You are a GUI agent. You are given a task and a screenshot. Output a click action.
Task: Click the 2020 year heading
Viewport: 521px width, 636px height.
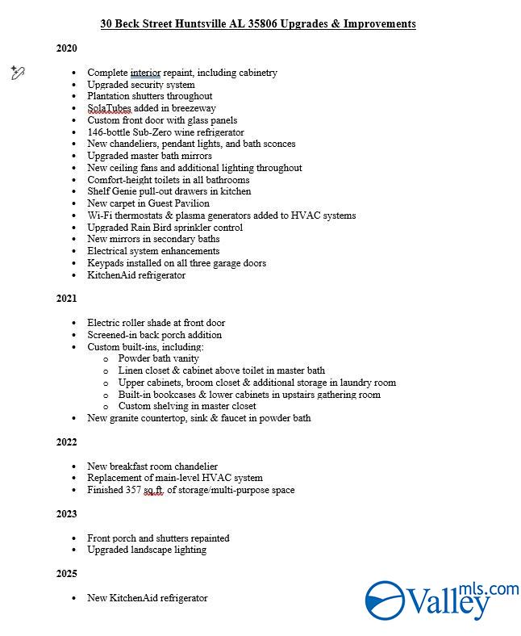[66, 48]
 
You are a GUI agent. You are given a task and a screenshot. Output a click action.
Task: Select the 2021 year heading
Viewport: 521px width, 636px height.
[66, 299]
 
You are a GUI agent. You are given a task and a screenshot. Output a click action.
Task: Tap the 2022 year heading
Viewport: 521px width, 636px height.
[66, 442]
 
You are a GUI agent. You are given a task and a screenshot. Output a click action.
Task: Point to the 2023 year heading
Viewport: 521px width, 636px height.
[66, 514]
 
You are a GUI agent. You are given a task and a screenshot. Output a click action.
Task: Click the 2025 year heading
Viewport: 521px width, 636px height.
[66, 574]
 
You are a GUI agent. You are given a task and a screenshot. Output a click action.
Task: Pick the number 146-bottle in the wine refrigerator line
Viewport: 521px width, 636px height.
[108, 132]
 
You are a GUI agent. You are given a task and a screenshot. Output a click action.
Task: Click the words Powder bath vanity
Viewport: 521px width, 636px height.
[158, 358]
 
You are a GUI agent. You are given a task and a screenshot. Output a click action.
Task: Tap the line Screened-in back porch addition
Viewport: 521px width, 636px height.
[154, 335]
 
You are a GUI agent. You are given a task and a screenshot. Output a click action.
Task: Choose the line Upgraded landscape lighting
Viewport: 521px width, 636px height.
[147, 550]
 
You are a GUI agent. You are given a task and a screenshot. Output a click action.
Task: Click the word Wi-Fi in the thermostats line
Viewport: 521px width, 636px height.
[100, 215]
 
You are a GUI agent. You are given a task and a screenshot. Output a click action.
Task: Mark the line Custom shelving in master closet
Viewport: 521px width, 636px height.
[187, 406]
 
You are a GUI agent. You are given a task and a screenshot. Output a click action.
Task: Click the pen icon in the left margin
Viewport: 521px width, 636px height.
[18, 73]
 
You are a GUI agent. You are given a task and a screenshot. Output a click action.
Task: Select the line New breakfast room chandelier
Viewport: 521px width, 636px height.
[152, 467]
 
